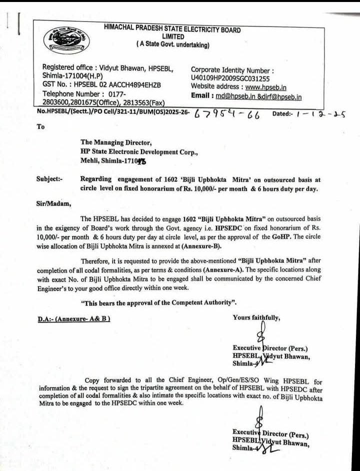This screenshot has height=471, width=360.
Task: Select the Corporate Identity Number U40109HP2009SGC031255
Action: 230,78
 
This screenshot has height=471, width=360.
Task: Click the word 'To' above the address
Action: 40,126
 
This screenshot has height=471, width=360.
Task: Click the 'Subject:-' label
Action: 49,179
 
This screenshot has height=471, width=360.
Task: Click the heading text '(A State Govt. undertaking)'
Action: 173,45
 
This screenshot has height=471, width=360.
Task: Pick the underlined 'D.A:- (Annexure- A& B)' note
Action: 73,318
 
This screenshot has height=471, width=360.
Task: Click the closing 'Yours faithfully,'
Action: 256,317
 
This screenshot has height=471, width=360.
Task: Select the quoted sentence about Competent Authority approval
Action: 158,303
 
